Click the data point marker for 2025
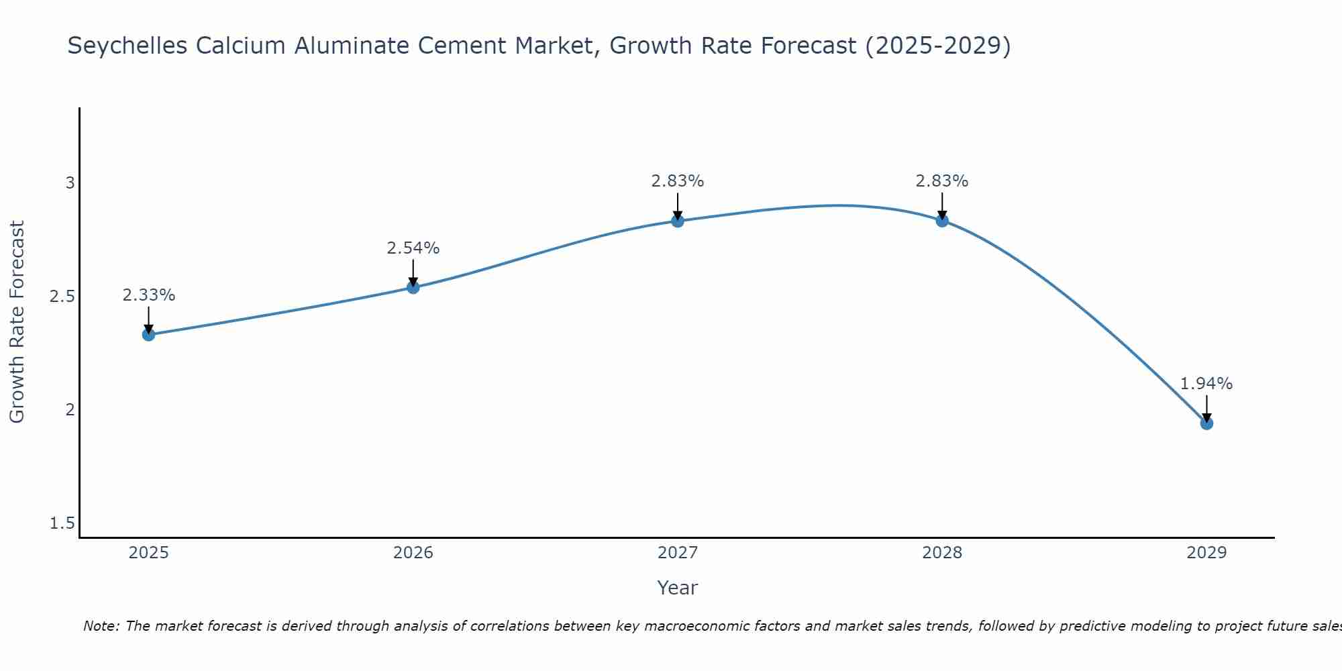(x=149, y=334)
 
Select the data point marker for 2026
(x=413, y=287)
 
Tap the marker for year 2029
(x=1206, y=423)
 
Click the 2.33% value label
(x=149, y=295)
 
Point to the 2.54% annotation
(x=413, y=248)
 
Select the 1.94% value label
(x=1206, y=384)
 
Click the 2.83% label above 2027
(x=678, y=181)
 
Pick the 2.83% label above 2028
(x=942, y=181)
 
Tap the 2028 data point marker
(x=942, y=221)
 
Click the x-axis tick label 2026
(x=413, y=553)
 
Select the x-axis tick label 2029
(x=1206, y=553)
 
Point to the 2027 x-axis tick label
(x=678, y=553)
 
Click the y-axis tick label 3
(x=70, y=183)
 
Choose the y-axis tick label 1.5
(x=62, y=523)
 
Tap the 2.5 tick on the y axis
(x=62, y=297)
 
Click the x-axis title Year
(x=678, y=588)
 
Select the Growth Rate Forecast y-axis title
(x=17, y=322)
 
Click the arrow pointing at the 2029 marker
(x=1206, y=408)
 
